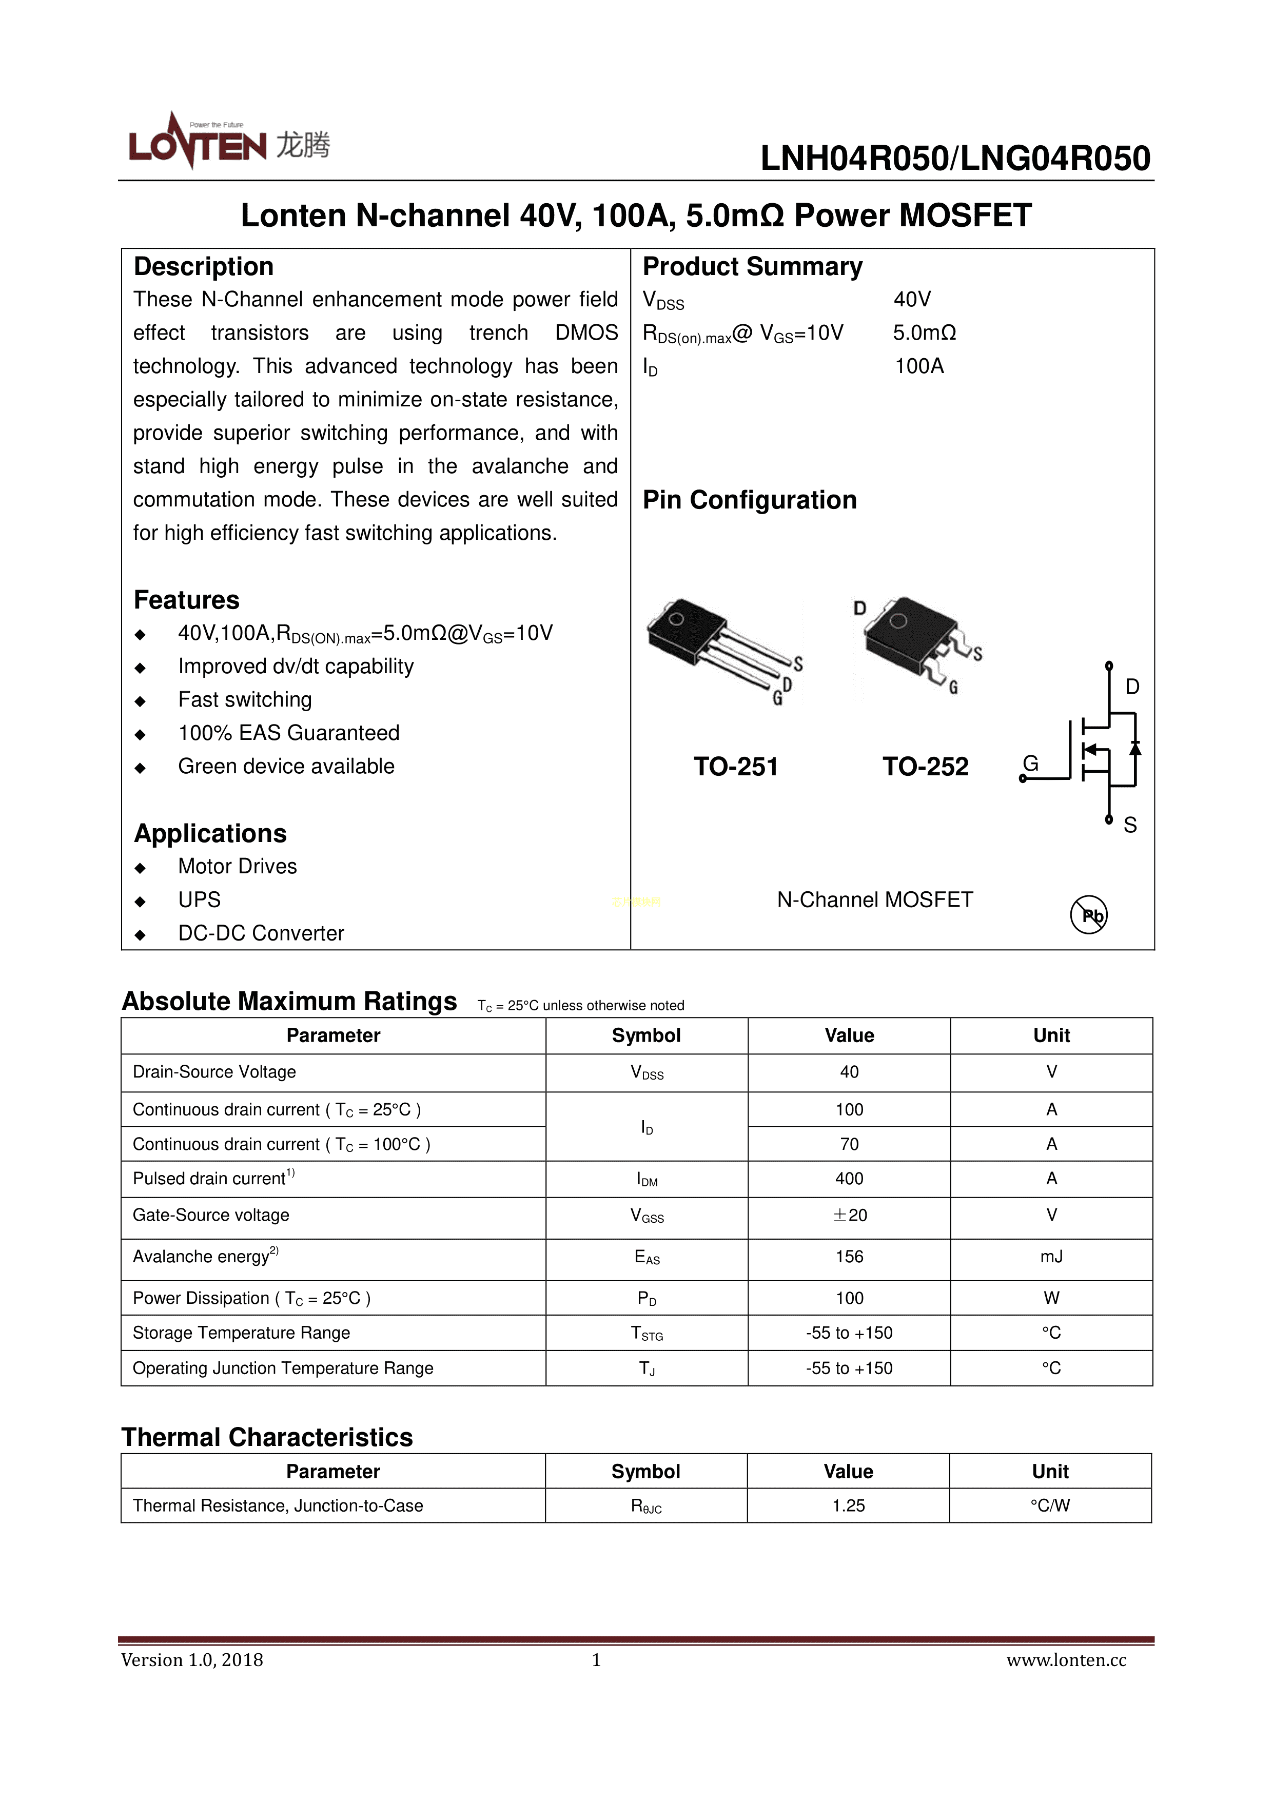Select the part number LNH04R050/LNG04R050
coord(955,159)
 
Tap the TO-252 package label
coord(925,766)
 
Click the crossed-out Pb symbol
coord(1089,914)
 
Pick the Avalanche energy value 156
coord(849,1257)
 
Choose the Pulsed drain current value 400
coord(849,1178)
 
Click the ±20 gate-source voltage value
coord(849,1215)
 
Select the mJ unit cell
coord(1051,1257)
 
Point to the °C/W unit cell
coord(1050,1505)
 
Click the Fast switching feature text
coord(245,699)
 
